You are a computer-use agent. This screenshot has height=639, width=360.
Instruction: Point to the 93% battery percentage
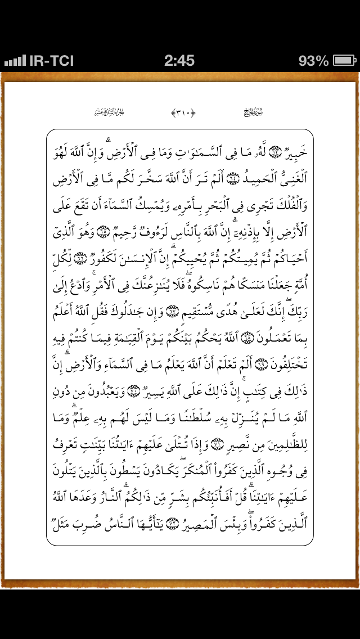click(314, 60)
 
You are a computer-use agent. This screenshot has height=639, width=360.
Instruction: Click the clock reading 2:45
click(179, 60)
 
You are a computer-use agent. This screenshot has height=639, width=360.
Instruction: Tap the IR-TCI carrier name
click(51, 60)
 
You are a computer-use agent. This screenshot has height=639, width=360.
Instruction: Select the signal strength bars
click(15, 60)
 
